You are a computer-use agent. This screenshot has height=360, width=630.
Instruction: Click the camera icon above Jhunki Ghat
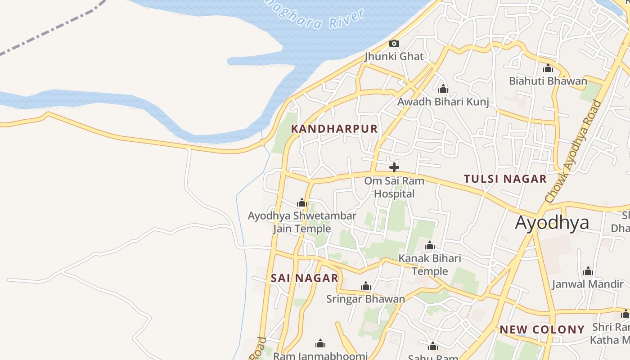click(394, 43)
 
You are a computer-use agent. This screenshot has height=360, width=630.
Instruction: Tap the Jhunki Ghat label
click(394, 56)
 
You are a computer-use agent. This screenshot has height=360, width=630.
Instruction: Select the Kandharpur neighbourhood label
click(334, 129)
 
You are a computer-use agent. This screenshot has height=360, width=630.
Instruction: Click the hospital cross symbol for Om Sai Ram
click(394, 167)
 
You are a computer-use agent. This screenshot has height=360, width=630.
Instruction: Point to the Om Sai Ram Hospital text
click(394, 187)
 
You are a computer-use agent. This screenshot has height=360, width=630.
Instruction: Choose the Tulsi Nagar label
click(505, 179)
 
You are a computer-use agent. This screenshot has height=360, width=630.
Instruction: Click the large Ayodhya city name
click(552, 223)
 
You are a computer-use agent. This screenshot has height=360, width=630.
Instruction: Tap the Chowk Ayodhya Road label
click(573, 151)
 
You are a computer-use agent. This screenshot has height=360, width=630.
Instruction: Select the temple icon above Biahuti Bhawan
click(548, 68)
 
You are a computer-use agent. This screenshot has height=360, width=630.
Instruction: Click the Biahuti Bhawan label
click(548, 81)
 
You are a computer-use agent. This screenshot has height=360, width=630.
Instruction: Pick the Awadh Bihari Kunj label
click(443, 102)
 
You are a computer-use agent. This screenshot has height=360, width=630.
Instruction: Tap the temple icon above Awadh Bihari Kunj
click(443, 89)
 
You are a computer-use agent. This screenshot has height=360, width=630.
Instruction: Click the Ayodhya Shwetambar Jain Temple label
click(302, 222)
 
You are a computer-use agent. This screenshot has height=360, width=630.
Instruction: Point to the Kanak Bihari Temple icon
click(430, 246)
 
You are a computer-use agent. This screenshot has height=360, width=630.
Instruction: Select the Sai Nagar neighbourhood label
click(305, 278)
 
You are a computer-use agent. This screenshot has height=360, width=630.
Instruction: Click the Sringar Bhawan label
click(365, 299)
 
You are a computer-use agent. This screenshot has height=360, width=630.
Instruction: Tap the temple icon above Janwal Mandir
click(588, 271)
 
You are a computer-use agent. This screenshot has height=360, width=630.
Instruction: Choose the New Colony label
click(542, 329)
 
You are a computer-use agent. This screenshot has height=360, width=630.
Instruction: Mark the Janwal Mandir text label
click(588, 284)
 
